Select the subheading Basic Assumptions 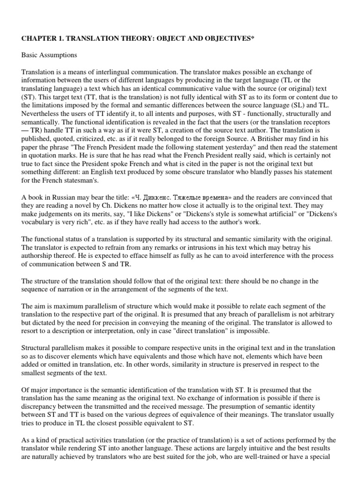click(x=49, y=55)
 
